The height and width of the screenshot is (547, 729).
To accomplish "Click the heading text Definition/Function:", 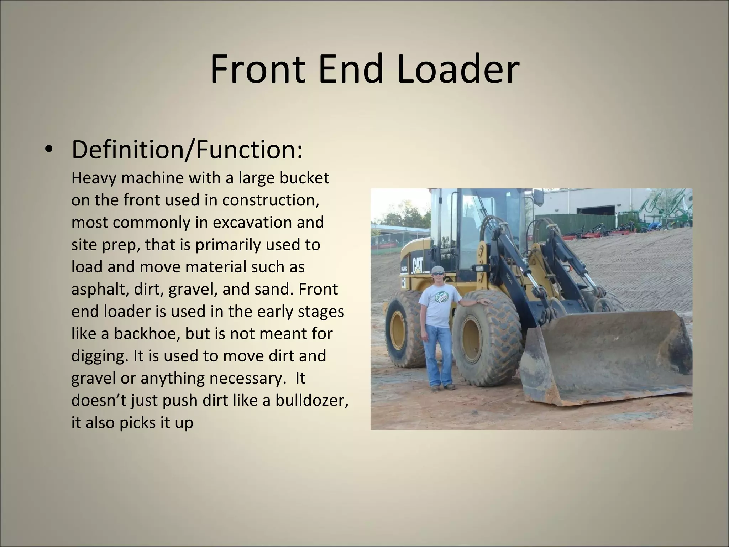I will (x=187, y=150).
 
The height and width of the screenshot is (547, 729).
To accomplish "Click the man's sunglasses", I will (x=438, y=273).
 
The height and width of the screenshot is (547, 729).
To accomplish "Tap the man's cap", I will (x=438, y=269).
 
